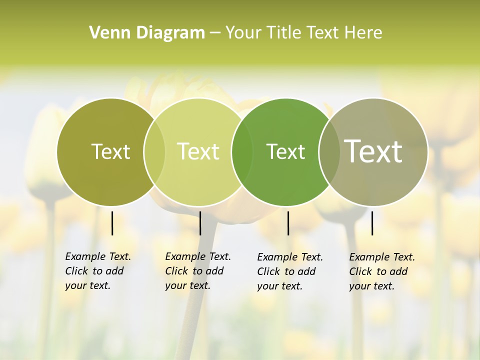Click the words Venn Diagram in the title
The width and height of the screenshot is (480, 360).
point(147,33)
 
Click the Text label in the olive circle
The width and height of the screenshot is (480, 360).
point(111,151)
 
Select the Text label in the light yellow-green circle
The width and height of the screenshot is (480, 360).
point(198,151)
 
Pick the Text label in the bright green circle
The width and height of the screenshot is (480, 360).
point(285,151)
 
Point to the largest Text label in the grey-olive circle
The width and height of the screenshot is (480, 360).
point(373,151)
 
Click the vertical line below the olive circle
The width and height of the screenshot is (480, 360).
point(112,223)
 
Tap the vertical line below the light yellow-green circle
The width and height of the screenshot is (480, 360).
point(200,223)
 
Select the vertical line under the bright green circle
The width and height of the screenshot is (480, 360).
point(288,223)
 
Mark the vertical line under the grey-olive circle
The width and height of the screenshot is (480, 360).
point(372,223)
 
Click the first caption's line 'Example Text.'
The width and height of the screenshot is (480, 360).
point(98,256)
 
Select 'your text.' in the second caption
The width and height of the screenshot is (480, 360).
point(187,285)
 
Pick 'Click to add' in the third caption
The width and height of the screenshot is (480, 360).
point(286,271)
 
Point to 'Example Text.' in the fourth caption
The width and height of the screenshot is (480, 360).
point(382,257)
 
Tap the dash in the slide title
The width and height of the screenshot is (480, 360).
point(215,33)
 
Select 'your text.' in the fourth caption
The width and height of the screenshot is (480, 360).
point(371,286)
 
